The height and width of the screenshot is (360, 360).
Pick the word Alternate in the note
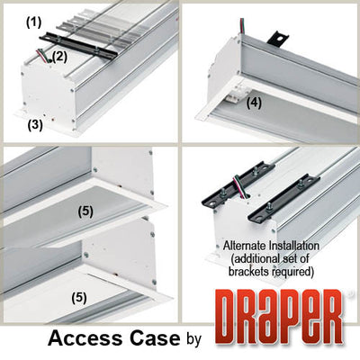pyautogui.click(x=240, y=245)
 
